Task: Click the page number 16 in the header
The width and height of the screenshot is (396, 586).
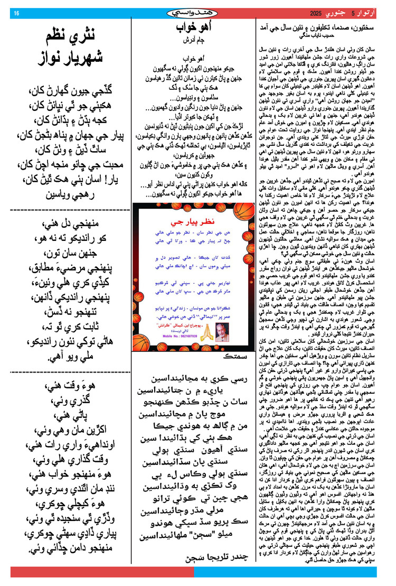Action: coord(16,13)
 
